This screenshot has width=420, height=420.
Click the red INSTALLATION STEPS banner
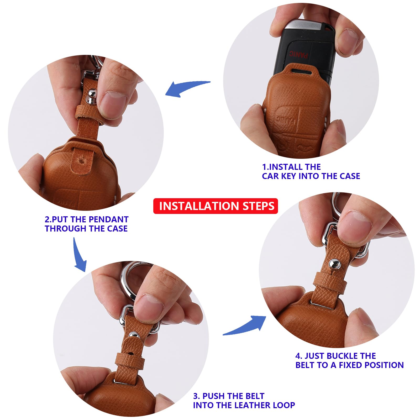216,206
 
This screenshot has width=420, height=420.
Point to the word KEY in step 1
289,176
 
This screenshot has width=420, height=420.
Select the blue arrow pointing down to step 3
80,254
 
